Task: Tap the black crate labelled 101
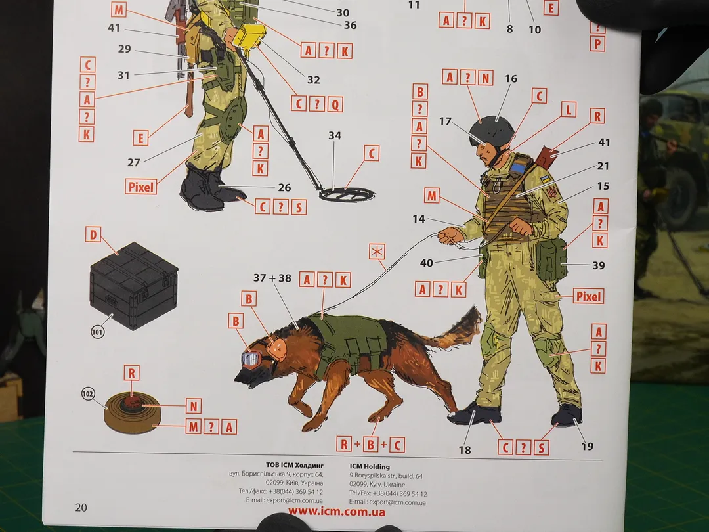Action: [134, 286]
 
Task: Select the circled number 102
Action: [88, 393]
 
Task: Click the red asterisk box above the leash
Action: [377, 252]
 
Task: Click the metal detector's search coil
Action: [347, 194]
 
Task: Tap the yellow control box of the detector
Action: [249, 36]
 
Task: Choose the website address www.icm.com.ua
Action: [336, 512]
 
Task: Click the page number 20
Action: [81, 508]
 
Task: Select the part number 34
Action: [335, 135]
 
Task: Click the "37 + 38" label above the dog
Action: [272, 278]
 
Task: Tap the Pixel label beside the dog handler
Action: [588, 296]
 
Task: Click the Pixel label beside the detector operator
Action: [141, 187]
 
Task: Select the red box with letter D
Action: [93, 234]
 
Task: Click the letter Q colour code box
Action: [335, 104]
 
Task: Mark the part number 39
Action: [599, 265]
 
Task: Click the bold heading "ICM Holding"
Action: [370, 466]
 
